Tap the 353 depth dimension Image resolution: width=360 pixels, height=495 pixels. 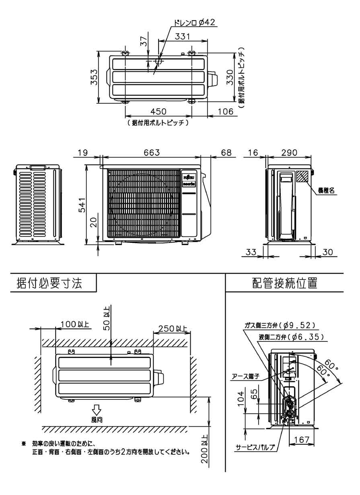pos(93,77)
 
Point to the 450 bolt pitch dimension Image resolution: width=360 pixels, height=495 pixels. pos(158,111)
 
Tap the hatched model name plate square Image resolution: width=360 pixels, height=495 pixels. pos(302,176)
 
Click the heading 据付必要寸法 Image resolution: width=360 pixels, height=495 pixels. pos(49,283)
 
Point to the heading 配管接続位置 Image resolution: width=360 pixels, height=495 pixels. pos(284,283)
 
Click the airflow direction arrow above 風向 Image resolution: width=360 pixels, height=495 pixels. pos(97,410)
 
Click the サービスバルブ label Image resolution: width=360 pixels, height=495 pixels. pos(255,447)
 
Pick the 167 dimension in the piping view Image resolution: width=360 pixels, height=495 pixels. pos(300,440)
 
